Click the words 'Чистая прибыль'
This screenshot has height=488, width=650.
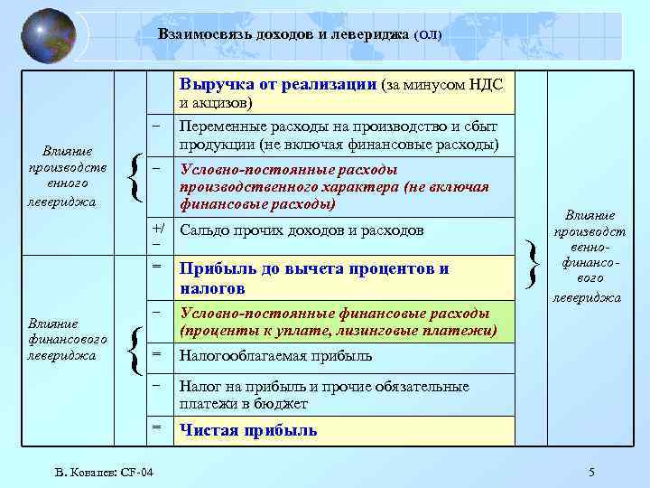point(248,430)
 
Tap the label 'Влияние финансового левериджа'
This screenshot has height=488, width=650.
point(67,339)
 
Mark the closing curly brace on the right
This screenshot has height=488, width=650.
point(535,258)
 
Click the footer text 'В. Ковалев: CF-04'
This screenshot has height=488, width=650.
point(103,473)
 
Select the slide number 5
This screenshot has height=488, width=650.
point(591,473)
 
